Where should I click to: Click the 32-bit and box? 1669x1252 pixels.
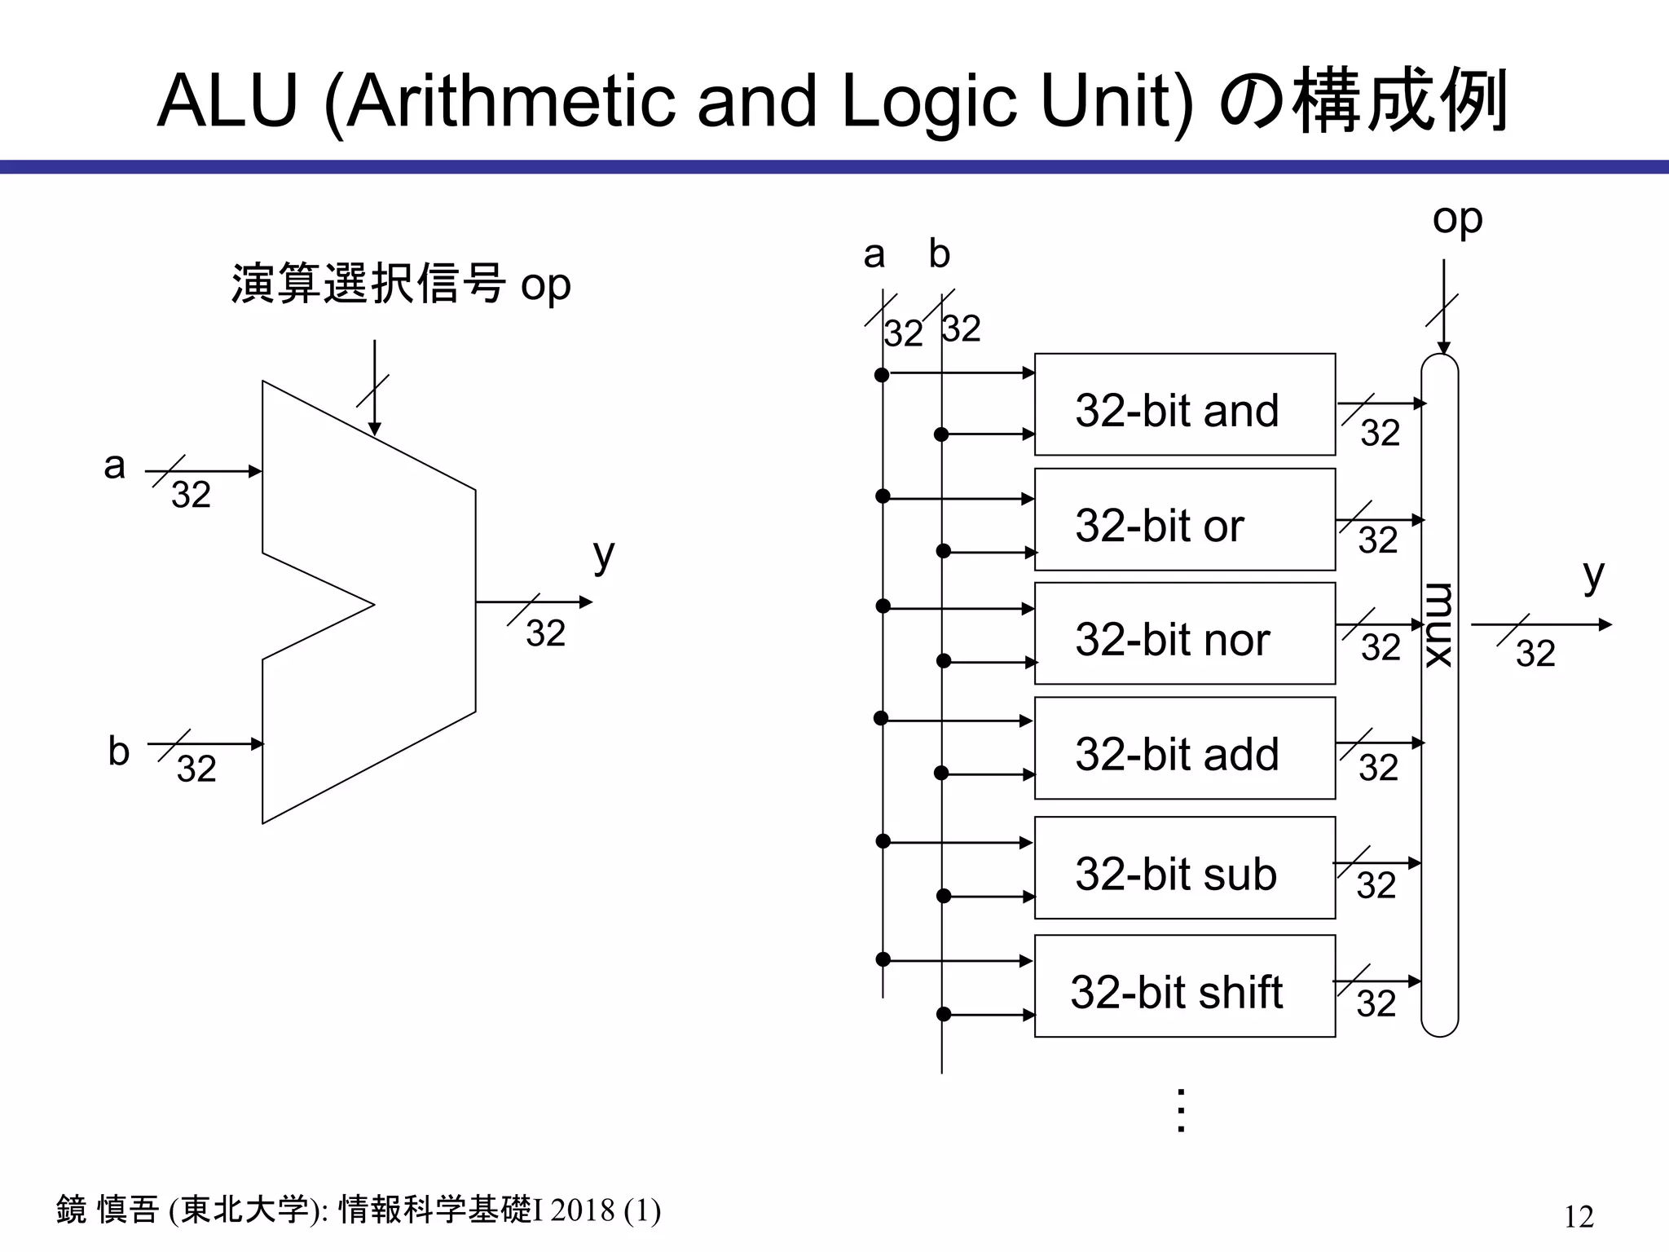[1184, 404]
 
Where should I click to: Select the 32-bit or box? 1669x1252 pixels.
[1184, 519]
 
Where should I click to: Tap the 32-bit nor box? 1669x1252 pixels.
[1184, 633]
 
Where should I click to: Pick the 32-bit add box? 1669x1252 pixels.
[1184, 747]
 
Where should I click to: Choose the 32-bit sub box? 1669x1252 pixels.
[1184, 867]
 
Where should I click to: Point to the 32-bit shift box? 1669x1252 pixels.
[1184, 986]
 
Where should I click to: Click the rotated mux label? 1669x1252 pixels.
[1439, 625]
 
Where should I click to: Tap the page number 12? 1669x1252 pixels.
[1579, 1216]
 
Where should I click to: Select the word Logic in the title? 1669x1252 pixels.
[929, 104]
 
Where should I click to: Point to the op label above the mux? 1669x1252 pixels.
[1457, 220]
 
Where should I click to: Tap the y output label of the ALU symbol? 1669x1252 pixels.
[603, 556]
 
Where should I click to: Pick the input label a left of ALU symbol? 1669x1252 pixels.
[115, 466]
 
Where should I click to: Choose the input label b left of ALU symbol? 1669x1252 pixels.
[119, 751]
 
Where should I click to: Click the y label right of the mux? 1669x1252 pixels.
[1593, 576]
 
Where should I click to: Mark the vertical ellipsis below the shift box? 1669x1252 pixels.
[1181, 1110]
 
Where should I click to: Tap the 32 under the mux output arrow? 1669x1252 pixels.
[1535, 654]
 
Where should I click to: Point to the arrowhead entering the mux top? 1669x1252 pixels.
[1443, 348]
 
